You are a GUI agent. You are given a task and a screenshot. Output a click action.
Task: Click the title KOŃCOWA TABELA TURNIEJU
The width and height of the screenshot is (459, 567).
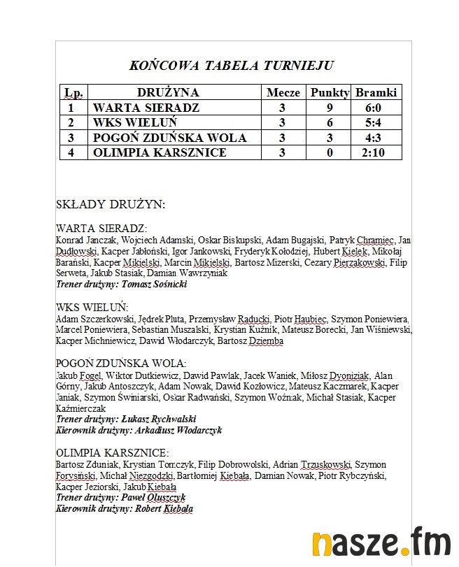(232, 66)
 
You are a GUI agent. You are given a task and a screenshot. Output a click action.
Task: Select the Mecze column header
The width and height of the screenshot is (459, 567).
(283, 92)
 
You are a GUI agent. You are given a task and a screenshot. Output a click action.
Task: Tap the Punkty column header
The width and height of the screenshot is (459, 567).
(330, 92)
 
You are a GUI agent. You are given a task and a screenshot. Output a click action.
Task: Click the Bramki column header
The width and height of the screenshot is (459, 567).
(376, 92)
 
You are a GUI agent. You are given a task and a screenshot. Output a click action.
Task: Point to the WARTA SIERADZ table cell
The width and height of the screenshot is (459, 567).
(146, 108)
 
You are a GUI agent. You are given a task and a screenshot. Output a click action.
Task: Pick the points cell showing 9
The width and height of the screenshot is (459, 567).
(330, 108)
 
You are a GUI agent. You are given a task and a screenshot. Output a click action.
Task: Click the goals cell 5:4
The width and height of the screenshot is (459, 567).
(376, 123)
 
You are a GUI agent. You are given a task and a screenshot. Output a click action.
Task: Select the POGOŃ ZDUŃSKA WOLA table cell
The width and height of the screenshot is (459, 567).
(170, 138)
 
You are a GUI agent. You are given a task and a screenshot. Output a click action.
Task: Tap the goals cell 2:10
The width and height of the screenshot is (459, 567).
(376, 152)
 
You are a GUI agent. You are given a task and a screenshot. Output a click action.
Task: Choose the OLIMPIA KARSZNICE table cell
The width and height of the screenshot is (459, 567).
(160, 152)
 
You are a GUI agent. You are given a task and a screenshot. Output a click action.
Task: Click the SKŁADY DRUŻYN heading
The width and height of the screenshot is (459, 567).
(111, 205)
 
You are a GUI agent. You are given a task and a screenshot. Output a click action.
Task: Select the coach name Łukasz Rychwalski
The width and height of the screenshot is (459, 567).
(159, 419)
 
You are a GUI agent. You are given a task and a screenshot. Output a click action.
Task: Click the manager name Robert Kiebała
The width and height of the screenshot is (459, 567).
(163, 509)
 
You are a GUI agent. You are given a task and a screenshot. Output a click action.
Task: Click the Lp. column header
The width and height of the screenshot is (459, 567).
(73, 92)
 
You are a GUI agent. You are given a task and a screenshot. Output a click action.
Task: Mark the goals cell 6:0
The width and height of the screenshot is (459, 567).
(376, 108)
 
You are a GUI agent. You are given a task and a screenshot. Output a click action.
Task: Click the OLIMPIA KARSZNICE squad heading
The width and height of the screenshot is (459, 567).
(112, 452)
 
